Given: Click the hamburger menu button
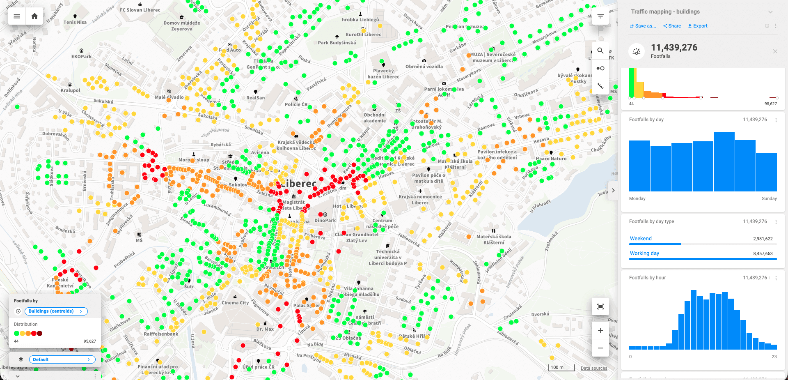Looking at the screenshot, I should pyautogui.click(x=17, y=16).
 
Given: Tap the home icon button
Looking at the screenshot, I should pyautogui.click(x=34, y=16).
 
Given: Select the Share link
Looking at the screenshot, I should pyautogui.click(x=672, y=26).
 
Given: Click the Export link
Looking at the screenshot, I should pyautogui.click(x=698, y=26).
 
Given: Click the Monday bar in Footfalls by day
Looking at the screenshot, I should pyautogui.click(x=639, y=166).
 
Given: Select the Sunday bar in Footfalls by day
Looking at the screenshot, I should pyautogui.click(x=766, y=172).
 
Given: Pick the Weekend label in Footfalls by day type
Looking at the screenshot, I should pyautogui.click(x=641, y=239).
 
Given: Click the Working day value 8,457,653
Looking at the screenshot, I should pyautogui.click(x=763, y=253).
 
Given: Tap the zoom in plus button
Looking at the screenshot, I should pyautogui.click(x=600, y=330).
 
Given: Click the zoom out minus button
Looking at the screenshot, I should pyautogui.click(x=600, y=348).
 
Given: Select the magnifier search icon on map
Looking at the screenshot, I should pyautogui.click(x=600, y=51).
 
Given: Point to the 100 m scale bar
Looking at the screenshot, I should pyautogui.click(x=561, y=368).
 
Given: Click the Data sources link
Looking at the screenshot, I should pyautogui.click(x=594, y=368).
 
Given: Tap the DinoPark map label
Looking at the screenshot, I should pyautogui.click(x=325, y=221).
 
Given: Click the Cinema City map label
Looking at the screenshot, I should pyautogui.click(x=235, y=303).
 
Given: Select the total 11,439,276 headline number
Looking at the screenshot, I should pyautogui.click(x=674, y=48).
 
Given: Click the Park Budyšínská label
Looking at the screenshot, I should pyautogui.click(x=337, y=43).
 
